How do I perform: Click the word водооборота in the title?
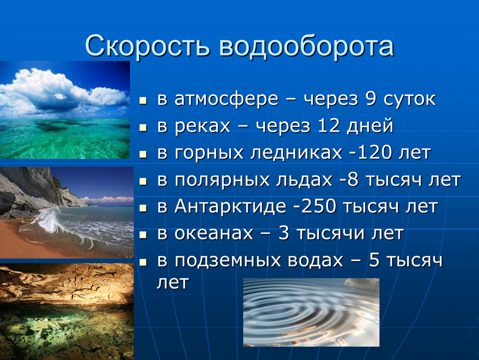[307, 46]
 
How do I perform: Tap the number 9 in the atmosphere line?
[371, 99]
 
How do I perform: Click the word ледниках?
[296, 153]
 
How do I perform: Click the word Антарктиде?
[230, 207]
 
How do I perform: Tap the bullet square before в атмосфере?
[143, 100]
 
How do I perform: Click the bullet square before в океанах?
[143, 235]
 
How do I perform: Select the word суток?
[409, 100]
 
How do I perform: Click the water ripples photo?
[311, 312]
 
